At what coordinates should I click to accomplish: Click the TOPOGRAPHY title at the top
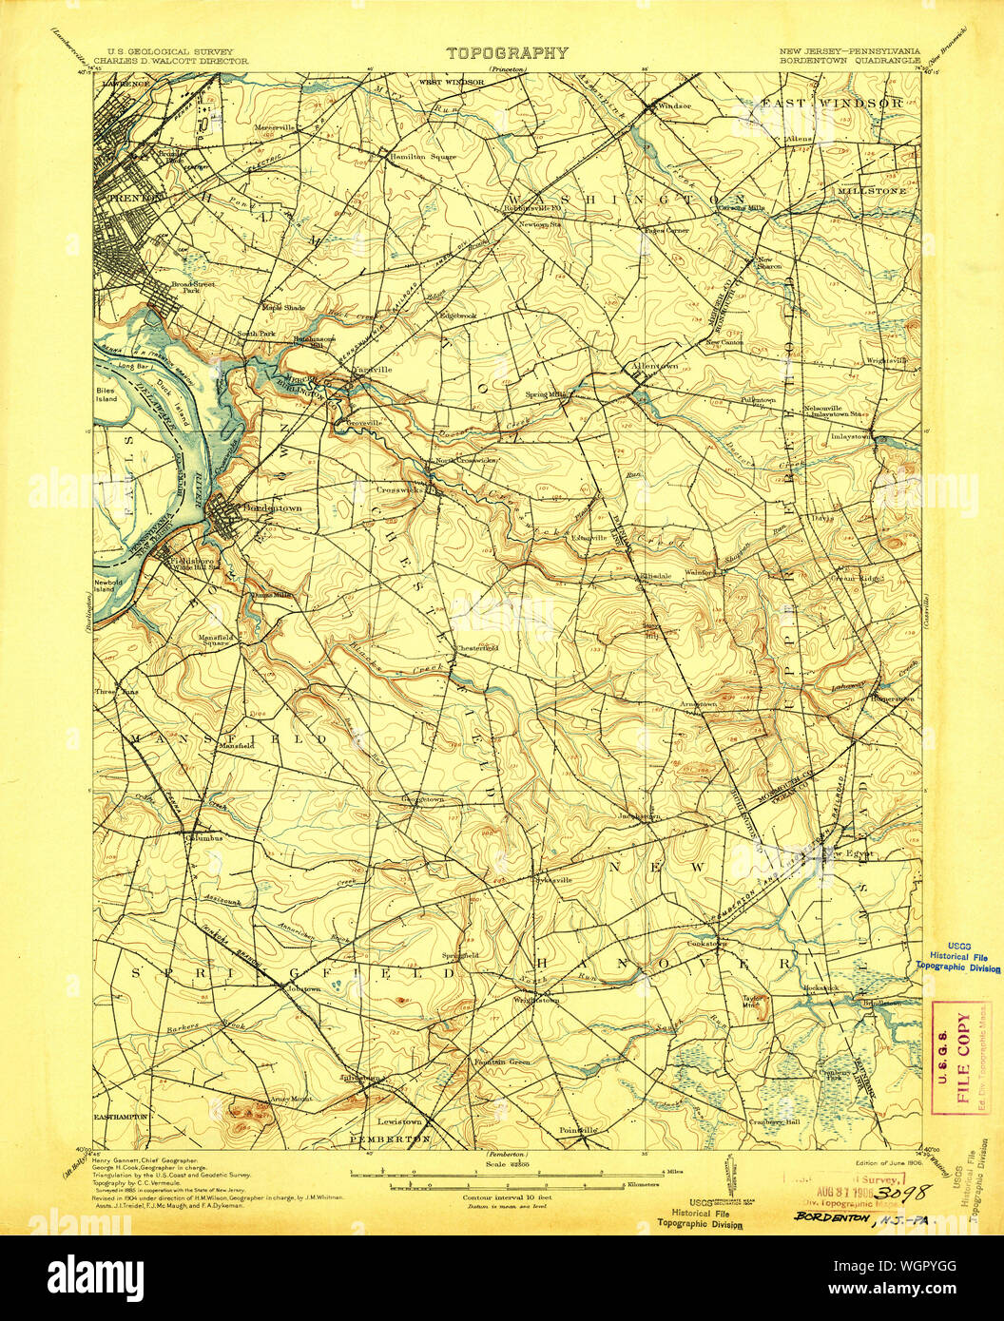508,54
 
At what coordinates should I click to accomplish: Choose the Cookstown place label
706,944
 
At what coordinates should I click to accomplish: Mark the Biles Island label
106,393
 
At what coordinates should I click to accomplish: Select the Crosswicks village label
398,490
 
